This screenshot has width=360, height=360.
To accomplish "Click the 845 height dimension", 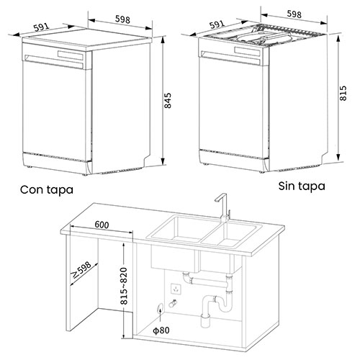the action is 168,101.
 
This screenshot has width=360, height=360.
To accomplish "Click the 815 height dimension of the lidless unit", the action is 343,93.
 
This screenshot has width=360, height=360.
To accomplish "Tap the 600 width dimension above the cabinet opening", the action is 102,225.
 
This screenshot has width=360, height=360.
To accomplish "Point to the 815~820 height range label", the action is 124,286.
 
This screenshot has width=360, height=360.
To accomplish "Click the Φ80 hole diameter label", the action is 161,330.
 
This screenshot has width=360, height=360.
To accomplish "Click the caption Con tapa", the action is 47,190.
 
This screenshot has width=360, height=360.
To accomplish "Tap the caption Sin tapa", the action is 302,186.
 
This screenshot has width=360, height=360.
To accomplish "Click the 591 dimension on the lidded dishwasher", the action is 42,27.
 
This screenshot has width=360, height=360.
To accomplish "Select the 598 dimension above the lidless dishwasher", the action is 294,14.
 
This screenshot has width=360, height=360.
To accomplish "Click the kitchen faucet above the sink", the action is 223,207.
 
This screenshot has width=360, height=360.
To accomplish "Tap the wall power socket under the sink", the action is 176,289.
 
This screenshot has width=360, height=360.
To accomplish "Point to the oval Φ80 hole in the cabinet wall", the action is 160,307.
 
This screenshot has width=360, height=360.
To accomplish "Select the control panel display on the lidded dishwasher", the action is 71,55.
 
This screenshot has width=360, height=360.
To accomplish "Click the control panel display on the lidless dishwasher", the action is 247,52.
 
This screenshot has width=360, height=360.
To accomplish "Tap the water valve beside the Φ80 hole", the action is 173,304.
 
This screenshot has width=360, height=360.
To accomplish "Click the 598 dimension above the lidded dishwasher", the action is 122,19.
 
